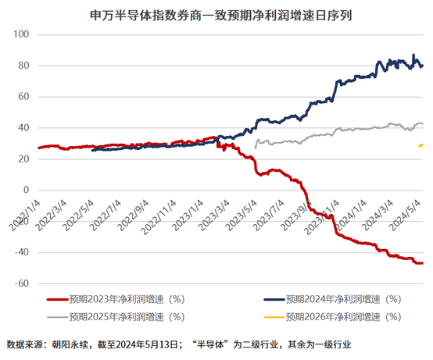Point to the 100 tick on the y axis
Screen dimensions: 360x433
tap(21, 35)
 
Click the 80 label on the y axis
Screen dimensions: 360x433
tap(23, 66)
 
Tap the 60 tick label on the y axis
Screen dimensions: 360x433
tap(23, 98)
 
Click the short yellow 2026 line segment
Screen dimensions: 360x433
tap(422, 145)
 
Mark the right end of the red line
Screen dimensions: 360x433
tap(423, 263)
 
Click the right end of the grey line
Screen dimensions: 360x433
tap(423, 124)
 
